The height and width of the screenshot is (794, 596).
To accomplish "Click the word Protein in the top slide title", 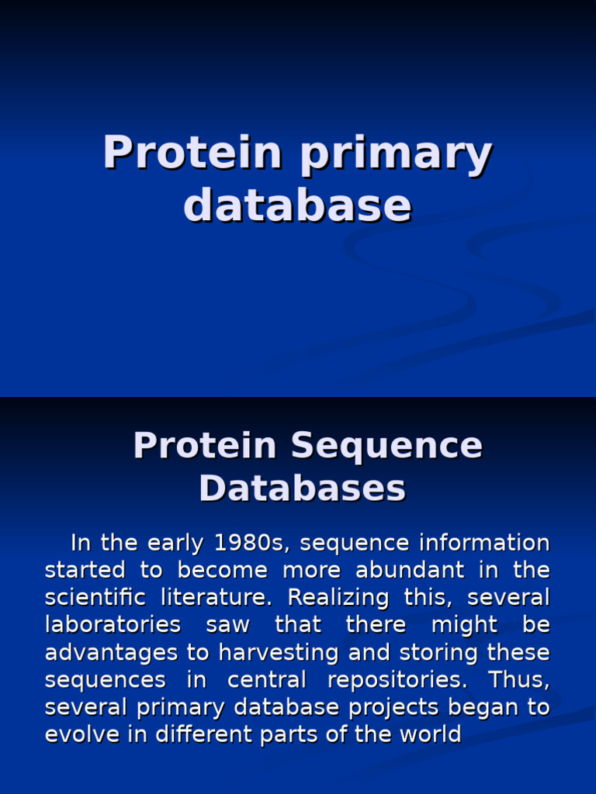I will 192,152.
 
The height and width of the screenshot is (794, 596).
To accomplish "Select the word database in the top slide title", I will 297,205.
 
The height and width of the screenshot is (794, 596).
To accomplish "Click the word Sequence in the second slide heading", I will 386,446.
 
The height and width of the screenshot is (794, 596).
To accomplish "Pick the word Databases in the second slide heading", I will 302,488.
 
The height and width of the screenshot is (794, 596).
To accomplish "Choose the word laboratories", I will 113,625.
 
